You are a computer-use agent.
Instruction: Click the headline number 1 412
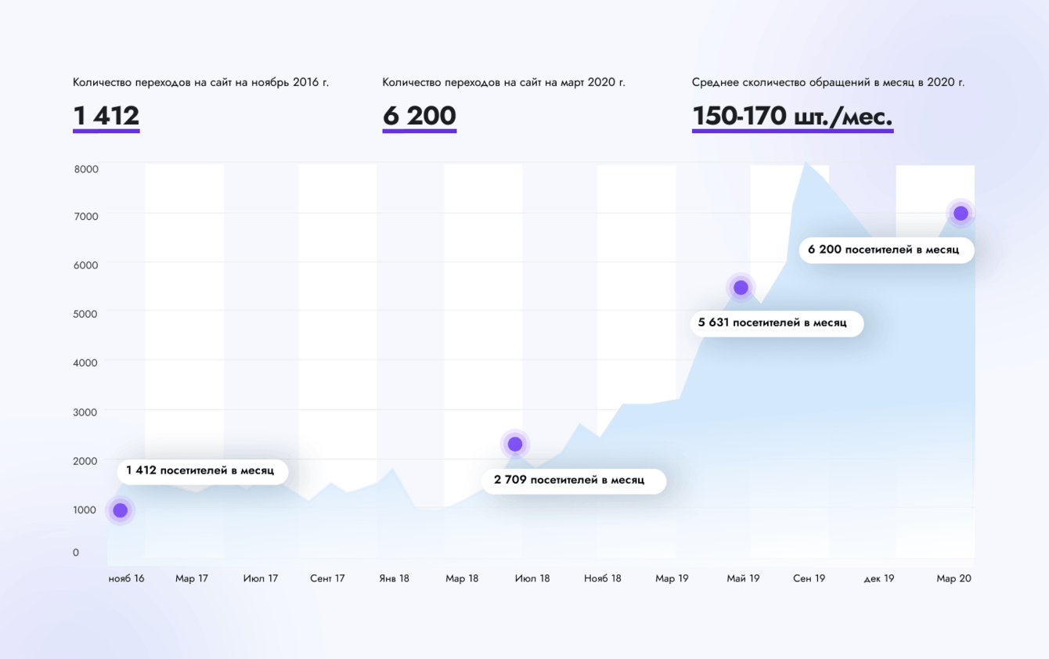coord(106,116)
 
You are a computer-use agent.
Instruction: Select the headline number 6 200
coord(419,116)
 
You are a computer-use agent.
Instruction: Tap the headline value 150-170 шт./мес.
coord(792,116)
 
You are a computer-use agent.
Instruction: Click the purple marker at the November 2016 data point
coord(120,510)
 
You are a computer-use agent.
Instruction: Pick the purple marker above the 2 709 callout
coord(515,445)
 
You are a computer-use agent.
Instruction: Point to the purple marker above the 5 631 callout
coord(741,288)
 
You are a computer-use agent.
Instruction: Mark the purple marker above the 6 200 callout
coord(961,213)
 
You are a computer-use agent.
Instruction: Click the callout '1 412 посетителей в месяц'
coord(200,471)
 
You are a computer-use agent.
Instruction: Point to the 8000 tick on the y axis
coord(86,169)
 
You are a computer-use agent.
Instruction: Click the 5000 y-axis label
coord(86,314)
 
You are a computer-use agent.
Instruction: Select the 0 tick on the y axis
coord(76,553)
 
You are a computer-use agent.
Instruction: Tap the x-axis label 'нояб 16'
coord(126,579)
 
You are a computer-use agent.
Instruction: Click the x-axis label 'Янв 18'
coord(394,579)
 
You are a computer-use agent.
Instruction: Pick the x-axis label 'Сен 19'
coord(809,579)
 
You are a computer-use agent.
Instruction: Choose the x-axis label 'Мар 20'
coord(953,579)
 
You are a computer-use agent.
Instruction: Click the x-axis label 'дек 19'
coord(878,579)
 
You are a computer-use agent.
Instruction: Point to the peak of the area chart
coord(805,164)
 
